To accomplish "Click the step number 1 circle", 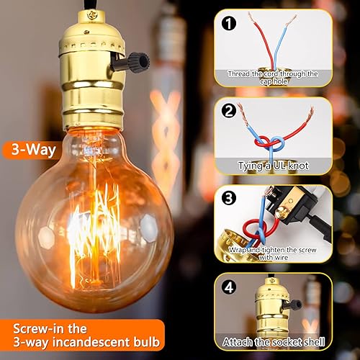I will (229, 24).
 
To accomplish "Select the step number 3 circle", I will (229, 196).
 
